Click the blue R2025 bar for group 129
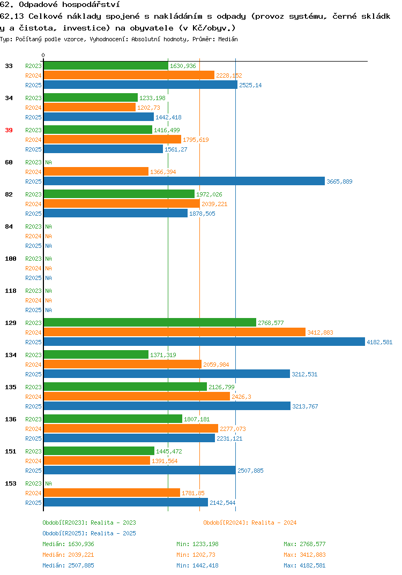click(205, 342)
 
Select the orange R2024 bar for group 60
click(96, 172)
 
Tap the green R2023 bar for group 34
click(91, 97)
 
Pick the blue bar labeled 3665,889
click(184, 181)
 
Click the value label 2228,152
click(229, 75)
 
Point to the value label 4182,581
click(379, 342)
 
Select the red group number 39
click(9, 130)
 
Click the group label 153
click(11, 483)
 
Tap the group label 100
click(11, 259)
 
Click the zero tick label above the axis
click(43, 55)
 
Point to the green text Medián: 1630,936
click(68, 544)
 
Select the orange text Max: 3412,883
click(304, 555)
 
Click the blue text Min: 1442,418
click(197, 565)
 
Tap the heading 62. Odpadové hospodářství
click(60, 5)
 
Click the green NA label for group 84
click(48, 226)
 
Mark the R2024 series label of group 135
click(33, 397)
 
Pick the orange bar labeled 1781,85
click(112, 493)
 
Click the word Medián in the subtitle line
click(228, 39)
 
